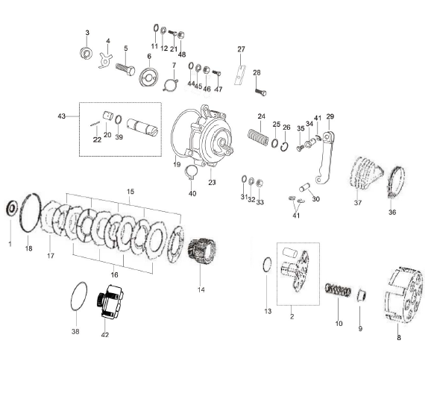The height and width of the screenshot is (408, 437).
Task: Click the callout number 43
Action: click(x=62, y=116)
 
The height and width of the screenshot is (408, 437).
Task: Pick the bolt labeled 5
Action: click(x=126, y=68)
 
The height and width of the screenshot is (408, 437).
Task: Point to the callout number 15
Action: click(x=131, y=192)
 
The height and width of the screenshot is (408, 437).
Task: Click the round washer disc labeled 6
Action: click(x=148, y=77)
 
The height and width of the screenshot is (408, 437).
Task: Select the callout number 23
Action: click(x=212, y=182)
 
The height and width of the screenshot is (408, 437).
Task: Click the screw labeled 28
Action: click(x=259, y=92)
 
